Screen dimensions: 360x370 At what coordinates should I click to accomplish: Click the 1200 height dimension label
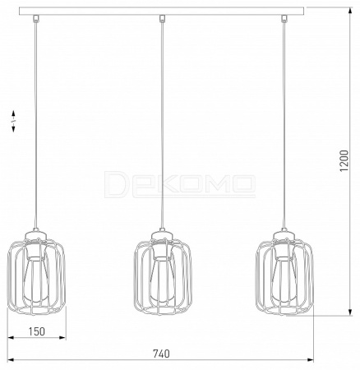tap(344, 160)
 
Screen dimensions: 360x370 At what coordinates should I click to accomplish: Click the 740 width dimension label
tap(161, 354)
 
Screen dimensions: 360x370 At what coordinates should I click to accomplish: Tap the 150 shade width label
tap(36, 331)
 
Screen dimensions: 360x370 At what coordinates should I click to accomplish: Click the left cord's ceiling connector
tap(35, 18)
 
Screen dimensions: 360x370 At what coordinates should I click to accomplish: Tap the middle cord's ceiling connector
tap(162, 18)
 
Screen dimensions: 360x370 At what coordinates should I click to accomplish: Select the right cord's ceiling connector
tap(284, 18)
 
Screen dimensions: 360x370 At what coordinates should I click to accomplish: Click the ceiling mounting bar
tap(162, 12)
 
